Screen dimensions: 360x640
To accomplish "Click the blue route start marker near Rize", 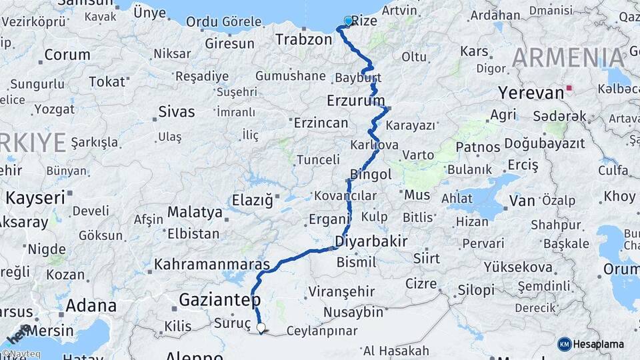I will coord(348,21).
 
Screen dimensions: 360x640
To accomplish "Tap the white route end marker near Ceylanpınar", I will coord(261,327).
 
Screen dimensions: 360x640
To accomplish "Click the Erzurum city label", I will coord(356,101).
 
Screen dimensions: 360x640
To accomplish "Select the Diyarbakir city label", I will coord(371,241).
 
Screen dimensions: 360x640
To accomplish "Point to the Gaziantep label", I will coord(219,300).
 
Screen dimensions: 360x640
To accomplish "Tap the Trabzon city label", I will coord(303,39).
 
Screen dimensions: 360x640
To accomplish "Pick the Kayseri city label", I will coord(35,197).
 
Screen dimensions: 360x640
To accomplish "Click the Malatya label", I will coord(195,212).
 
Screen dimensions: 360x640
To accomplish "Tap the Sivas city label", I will coord(177,111).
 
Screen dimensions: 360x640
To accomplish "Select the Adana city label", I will coord(92,307).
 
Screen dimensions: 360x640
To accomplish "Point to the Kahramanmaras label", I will coord(212,264).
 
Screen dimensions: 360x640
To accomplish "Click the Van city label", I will coord(522,200).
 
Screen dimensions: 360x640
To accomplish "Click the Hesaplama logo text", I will coord(599,344).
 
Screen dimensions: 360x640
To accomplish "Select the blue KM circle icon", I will coord(565,344).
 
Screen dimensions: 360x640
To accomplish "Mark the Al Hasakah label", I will coord(396,350).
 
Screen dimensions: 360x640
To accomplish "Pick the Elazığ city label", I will coord(252,199).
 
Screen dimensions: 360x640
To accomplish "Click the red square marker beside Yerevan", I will coord(568,87).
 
